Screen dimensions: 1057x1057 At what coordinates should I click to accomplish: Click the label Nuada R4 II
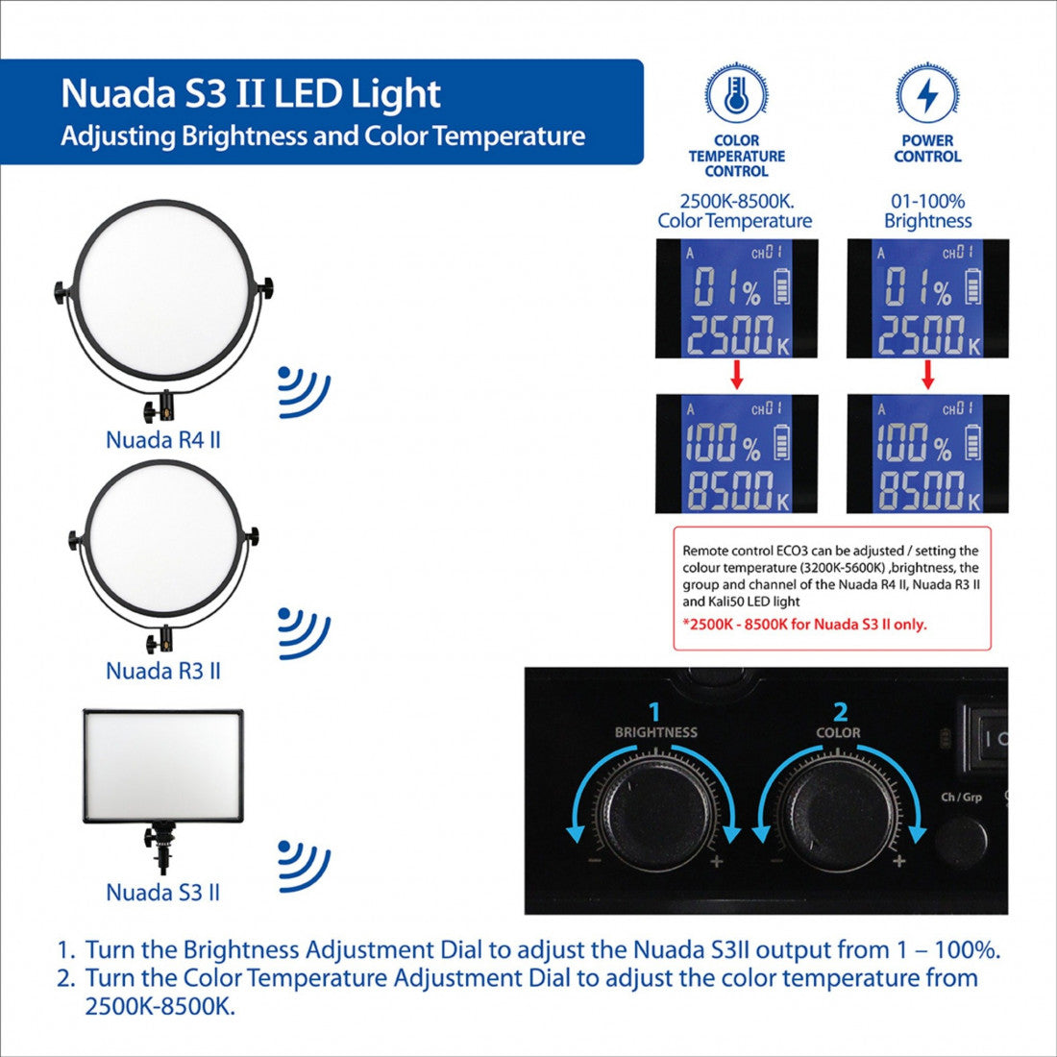(x=163, y=440)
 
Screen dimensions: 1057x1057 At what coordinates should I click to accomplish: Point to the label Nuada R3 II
(x=163, y=671)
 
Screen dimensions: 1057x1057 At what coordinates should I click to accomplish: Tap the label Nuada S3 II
(x=163, y=893)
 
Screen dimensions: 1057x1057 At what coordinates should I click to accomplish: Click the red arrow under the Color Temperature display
(x=737, y=376)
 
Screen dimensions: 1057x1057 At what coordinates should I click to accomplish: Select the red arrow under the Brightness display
(x=928, y=376)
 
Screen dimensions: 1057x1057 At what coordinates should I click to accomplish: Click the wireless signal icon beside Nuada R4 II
(x=304, y=392)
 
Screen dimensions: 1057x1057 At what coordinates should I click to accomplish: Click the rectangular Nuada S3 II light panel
(x=162, y=765)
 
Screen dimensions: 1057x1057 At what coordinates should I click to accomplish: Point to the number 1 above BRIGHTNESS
(x=655, y=712)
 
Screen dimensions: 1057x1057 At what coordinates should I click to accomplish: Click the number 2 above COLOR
(x=841, y=712)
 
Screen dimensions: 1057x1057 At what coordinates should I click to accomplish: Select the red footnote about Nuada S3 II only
(x=804, y=625)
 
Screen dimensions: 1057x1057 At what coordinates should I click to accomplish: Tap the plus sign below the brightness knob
(x=716, y=862)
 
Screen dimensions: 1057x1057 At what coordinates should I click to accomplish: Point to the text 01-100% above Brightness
(x=927, y=202)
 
